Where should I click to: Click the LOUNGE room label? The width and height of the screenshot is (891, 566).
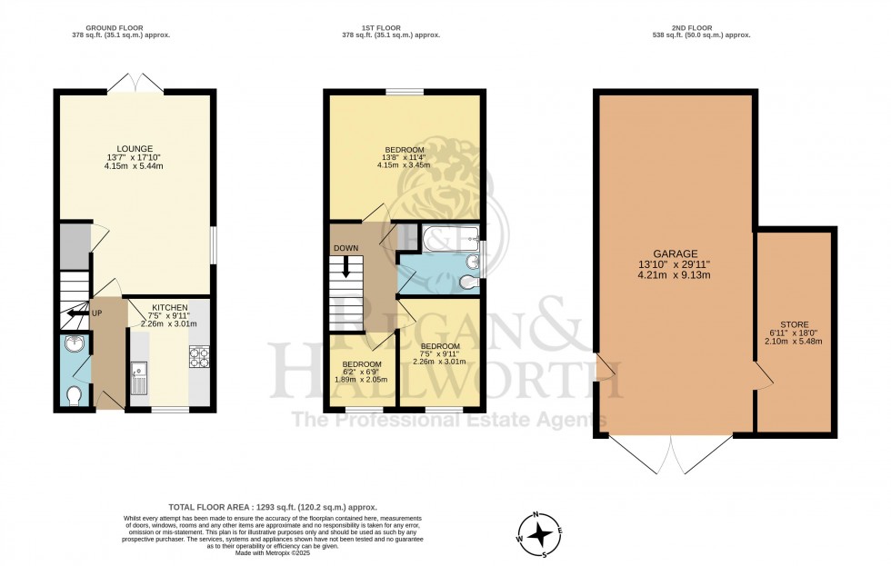[x=134, y=149]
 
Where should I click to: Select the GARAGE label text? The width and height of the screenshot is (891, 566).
[x=674, y=254]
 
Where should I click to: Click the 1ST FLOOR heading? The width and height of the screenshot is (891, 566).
[x=391, y=28]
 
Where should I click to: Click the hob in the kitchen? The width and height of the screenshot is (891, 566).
[x=199, y=356]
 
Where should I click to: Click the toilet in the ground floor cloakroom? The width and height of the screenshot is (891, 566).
[x=75, y=395]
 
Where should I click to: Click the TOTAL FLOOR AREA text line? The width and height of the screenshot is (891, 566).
[x=273, y=507]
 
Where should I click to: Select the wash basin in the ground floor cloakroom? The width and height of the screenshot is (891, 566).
[x=74, y=345]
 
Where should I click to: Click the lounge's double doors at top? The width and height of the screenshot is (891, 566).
[x=135, y=83]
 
